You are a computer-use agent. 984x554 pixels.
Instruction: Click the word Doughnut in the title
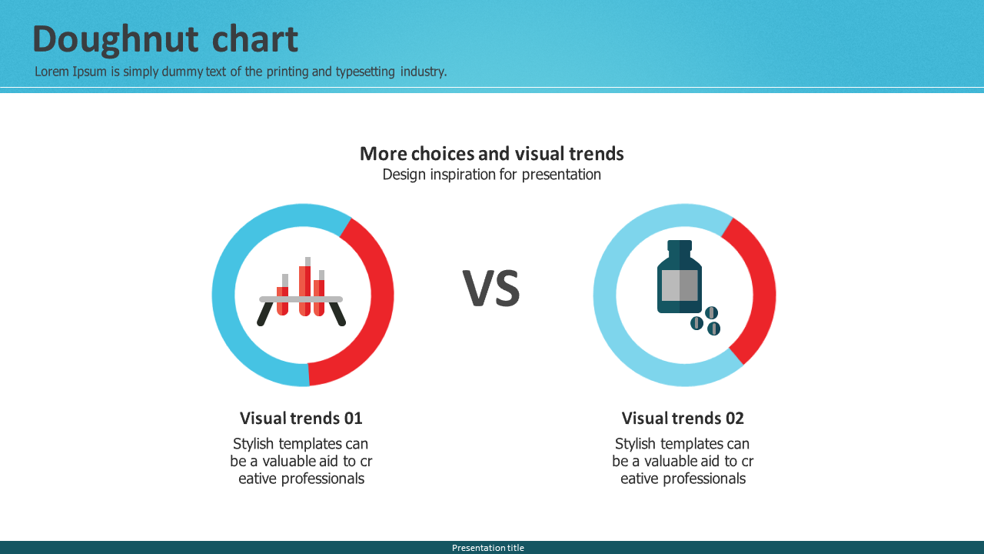click(115, 40)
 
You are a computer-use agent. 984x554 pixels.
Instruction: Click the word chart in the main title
click(254, 38)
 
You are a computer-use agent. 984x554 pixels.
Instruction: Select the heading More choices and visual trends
click(491, 154)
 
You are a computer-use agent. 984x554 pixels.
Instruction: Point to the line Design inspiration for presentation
click(491, 175)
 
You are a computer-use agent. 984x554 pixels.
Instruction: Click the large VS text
click(491, 289)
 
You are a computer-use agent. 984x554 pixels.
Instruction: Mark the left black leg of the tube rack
click(264, 314)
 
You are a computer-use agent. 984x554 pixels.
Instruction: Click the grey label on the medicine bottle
click(680, 285)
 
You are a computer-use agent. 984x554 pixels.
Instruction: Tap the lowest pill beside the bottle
click(714, 329)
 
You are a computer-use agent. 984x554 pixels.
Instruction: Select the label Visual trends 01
click(301, 418)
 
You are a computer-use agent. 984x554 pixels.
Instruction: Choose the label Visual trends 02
click(683, 418)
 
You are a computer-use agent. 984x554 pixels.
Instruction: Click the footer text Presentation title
click(488, 548)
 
